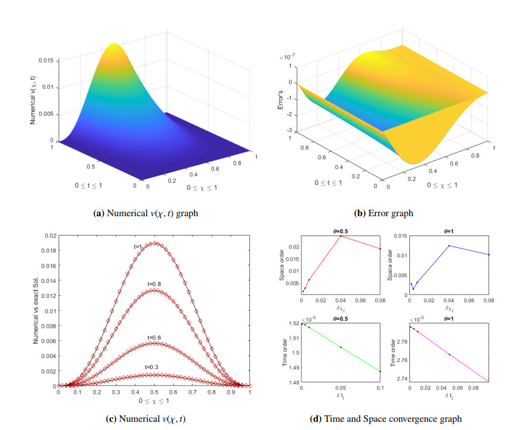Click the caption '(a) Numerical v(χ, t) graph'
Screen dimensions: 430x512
pyautogui.click(x=145, y=213)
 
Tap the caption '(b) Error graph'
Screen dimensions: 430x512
pyautogui.click(x=384, y=213)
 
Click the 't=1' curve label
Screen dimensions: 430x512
pyautogui.click(x=138, y=247)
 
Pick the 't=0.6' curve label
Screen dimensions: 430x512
pyautogui.click(x=154, y=337)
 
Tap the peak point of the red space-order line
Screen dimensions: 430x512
pyautogui.click(x=341, y=236)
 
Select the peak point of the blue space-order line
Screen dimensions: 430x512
pyautogui.click(x=449, y=245)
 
